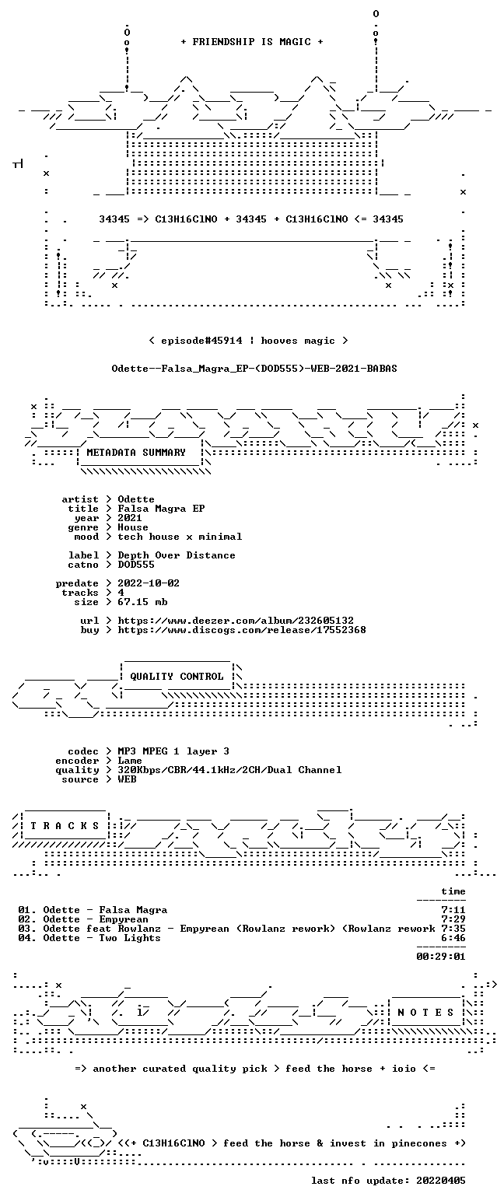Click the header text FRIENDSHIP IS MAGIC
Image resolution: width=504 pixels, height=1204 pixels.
251,42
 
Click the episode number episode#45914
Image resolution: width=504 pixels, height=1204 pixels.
201,341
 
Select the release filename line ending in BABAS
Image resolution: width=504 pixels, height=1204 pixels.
254,369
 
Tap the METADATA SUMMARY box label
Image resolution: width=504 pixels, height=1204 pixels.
136,453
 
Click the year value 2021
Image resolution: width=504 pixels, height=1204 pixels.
130,518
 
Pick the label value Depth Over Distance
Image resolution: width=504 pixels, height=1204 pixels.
177,555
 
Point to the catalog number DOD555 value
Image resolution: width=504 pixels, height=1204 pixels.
136,565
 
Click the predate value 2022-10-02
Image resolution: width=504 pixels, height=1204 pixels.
149,583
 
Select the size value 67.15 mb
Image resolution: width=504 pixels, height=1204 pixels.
142,602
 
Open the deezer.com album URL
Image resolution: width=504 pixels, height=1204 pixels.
236,621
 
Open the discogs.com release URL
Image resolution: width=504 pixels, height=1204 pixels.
242,630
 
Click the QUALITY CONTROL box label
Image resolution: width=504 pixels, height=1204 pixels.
177,677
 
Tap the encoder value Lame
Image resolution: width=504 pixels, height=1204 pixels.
130,761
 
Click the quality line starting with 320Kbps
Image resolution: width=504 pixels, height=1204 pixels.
229,770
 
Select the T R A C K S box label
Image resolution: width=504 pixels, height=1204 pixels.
65,826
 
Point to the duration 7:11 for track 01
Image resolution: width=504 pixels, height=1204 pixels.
453,910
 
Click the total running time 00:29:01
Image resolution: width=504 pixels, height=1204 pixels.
440,957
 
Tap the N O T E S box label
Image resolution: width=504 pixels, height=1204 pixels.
425,1013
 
